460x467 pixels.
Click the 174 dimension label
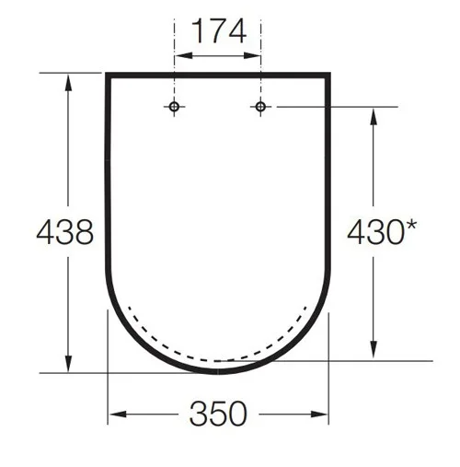[x=219, y=33]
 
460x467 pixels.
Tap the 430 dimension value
[x=373, y=232]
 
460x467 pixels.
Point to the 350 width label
[x=219, y=414]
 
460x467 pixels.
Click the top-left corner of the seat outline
[x=109, y=75]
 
